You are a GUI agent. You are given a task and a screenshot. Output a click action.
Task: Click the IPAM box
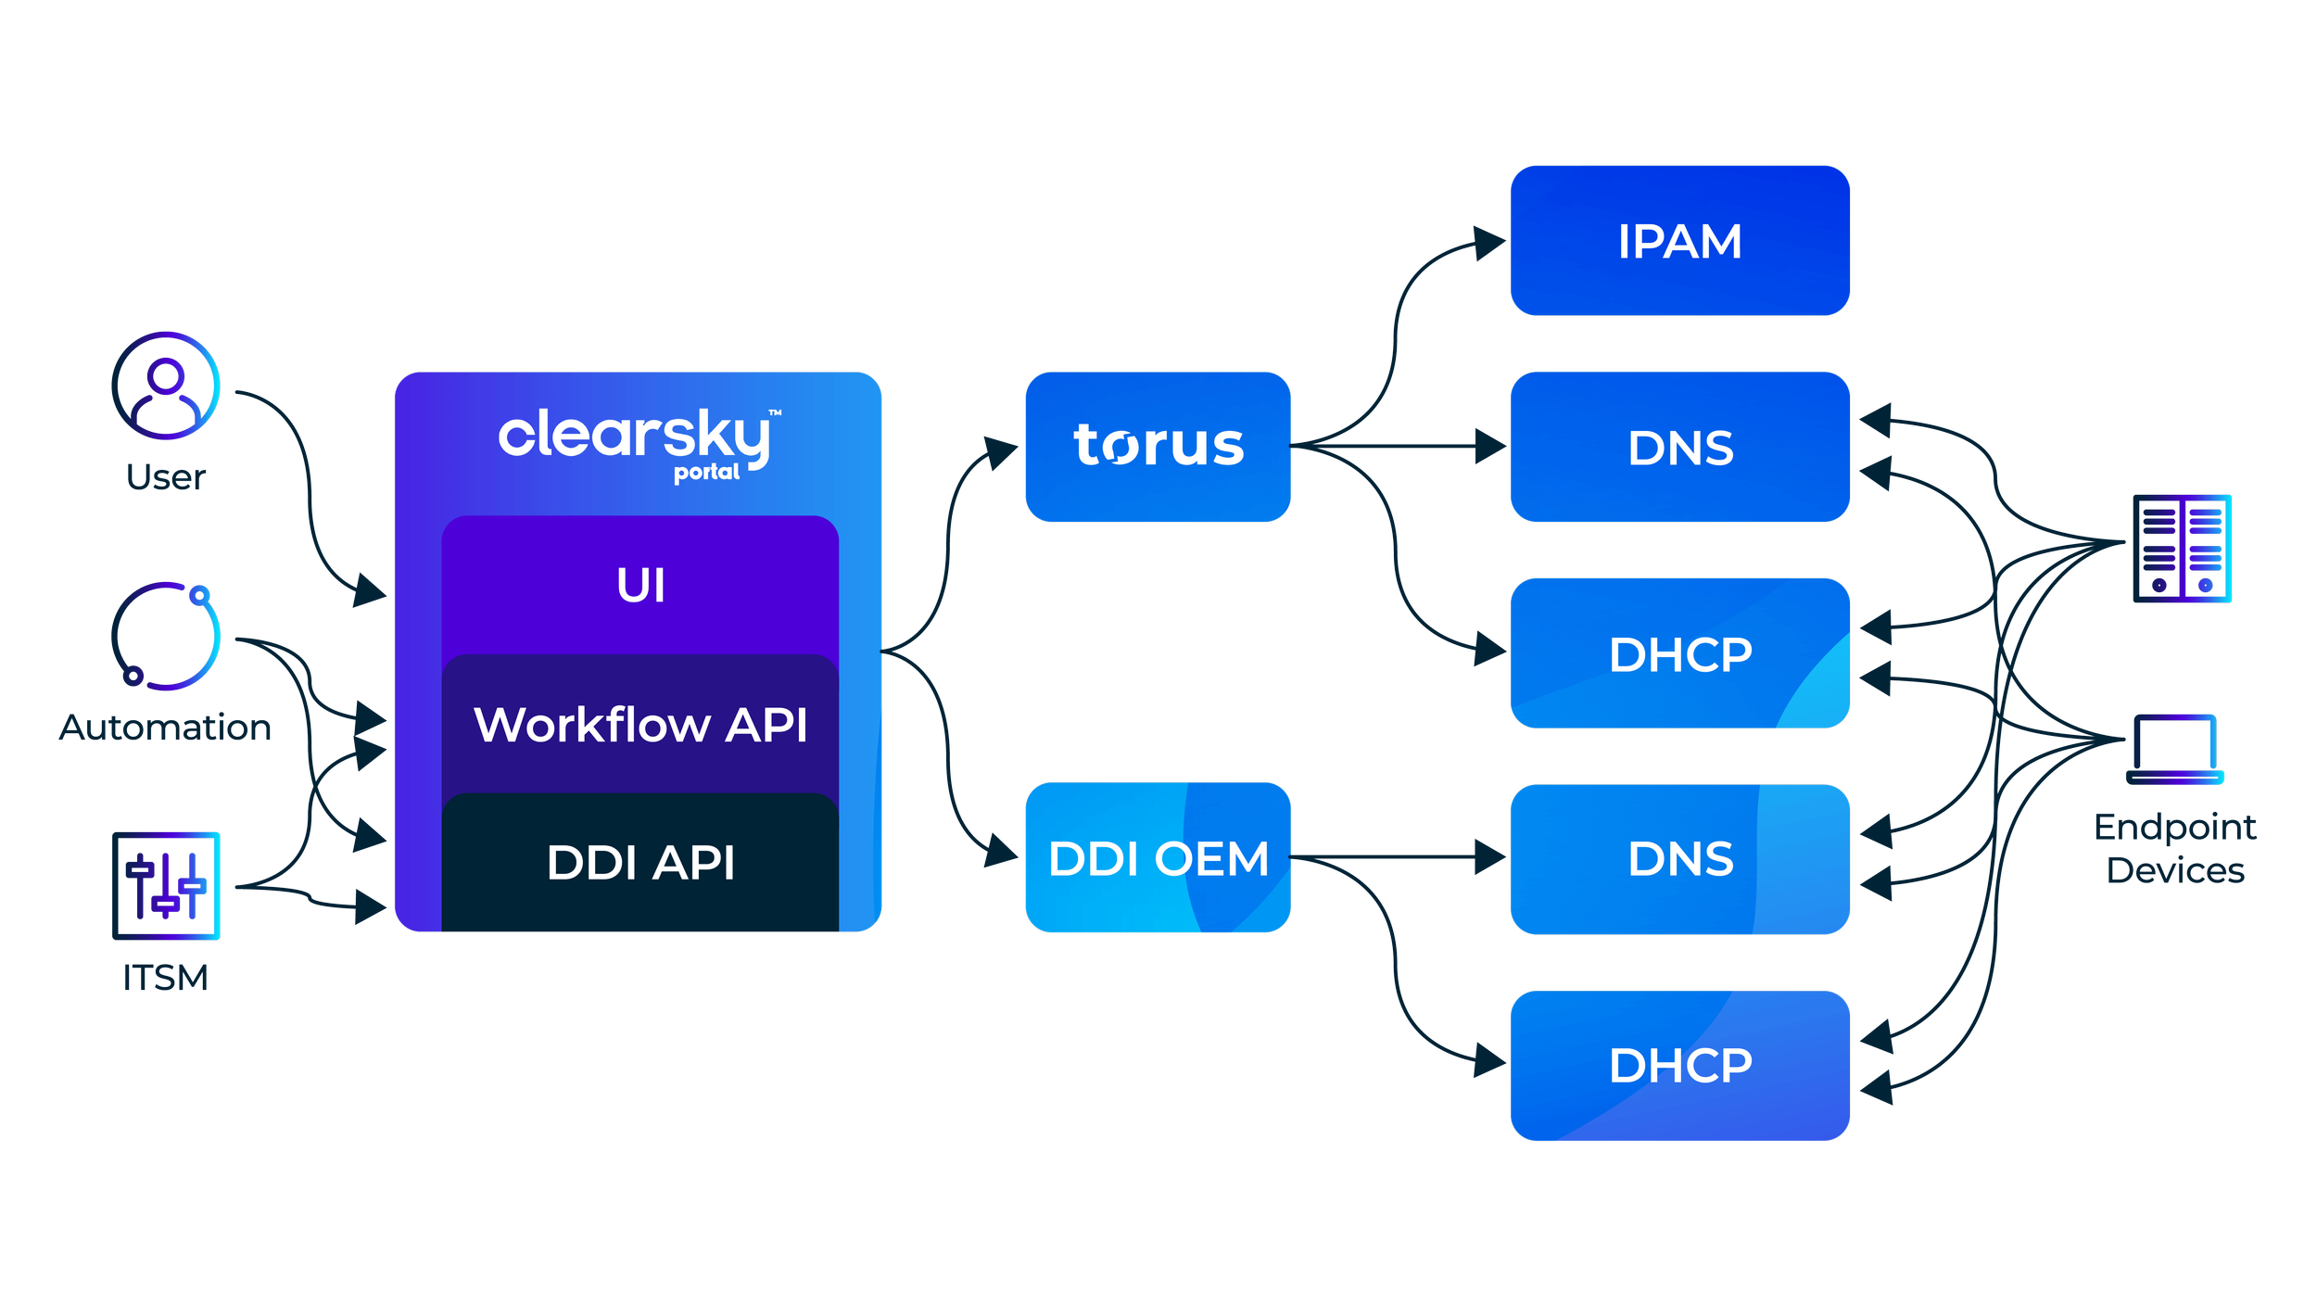pyautogui.click(x=1679, y=241)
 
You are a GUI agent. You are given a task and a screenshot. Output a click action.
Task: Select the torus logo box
pyautogui.click(x=1158, y=446)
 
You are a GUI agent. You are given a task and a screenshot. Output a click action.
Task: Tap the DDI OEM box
pyautogui.click(x=1158, y=858)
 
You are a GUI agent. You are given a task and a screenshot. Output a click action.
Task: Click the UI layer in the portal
pyautogui.click(x=640, y=586)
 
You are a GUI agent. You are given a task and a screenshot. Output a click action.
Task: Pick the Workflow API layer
pyautogui.click(x=640, y=724)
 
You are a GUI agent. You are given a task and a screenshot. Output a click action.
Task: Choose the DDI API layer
pyautogui.click(x=640, y=863)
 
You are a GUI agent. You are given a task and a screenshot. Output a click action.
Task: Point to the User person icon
pyautogui.click(x=166, y=386)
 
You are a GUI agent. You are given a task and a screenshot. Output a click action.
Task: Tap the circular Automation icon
pyautogui.click(x=166, y=636)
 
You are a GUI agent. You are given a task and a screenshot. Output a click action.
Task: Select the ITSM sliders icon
pyautogui.click(x=166, y=886)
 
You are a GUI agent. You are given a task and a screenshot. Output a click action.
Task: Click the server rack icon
pyautogui.click(x=2182, y=549)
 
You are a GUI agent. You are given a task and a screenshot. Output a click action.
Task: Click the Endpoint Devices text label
pyautogui.click(x=2174, y=849)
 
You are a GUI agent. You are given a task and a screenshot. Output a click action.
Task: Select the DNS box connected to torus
pyautogui.click(x=1679, y=448)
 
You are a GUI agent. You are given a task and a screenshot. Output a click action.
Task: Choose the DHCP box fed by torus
pyautogui.click(x=1679, y=654)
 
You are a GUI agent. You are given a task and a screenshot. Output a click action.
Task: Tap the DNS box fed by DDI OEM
pyautogui.click(x=1679, y=859)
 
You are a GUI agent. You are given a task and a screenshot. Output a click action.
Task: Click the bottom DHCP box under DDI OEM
pyautogui.click(x=1679, y=1066)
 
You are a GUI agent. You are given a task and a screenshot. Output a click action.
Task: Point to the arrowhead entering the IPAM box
pyautogui.click(x=1489, y=242)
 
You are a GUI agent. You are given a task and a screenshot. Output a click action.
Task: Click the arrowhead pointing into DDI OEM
pyautogui.click(x=1002, y=849)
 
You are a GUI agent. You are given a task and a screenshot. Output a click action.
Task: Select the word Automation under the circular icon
pyautogui.click(x=165, y=728)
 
